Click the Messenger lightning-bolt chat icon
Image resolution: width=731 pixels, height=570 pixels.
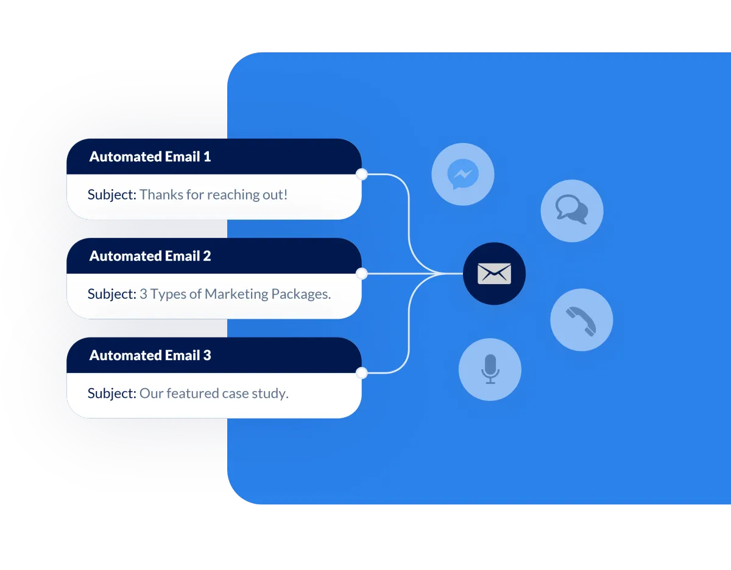pos(462,175)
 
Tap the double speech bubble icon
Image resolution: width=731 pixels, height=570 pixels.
pos(572,211)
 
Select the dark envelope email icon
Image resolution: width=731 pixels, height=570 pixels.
pos(494,274)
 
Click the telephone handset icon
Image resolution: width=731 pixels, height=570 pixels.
pos(581,321)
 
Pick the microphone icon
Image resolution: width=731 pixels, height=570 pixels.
pos(490,369)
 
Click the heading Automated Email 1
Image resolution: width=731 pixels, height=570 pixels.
pos(150,157)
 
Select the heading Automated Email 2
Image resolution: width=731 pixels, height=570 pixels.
pos(150,256)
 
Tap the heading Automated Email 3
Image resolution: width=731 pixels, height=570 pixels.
pos(150,355)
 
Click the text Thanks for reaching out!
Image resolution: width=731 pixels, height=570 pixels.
pos(213,195)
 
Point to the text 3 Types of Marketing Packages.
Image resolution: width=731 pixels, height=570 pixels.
pos(235,294)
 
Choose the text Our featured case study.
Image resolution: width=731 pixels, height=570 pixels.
pos(213,394)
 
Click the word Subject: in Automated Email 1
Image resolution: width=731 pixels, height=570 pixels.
pos(111,195)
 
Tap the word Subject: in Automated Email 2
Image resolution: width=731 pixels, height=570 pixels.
pos(111,294)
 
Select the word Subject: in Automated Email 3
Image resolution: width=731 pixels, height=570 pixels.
pos(111,394)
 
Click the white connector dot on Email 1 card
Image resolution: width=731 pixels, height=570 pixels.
pos(362,175)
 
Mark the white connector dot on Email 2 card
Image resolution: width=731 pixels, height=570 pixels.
pos(362,274)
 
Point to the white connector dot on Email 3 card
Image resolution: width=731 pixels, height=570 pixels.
pos(362,373)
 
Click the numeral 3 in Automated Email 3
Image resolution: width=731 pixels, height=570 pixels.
pos(207,355)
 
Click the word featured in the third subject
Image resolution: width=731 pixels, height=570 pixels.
pos(189,394)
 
